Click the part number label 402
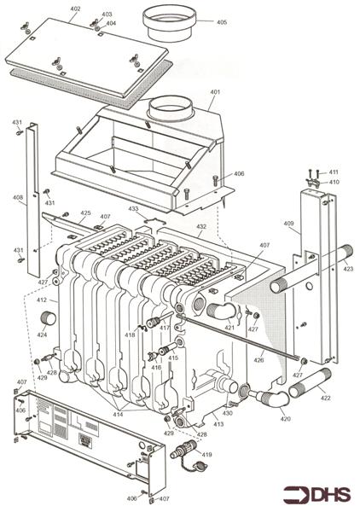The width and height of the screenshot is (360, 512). pos(75,9)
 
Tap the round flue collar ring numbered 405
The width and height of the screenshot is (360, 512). pos(170,21)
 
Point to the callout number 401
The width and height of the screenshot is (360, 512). pos(214,92)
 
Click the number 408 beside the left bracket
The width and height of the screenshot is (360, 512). pos(18,198)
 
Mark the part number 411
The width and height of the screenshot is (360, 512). pos(334,172)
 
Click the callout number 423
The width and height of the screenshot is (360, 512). pos(347,269)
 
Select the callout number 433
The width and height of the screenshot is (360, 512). pos(133,209)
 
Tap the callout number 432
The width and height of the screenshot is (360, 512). pos(201,227)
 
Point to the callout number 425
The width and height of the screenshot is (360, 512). pos(85,213)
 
